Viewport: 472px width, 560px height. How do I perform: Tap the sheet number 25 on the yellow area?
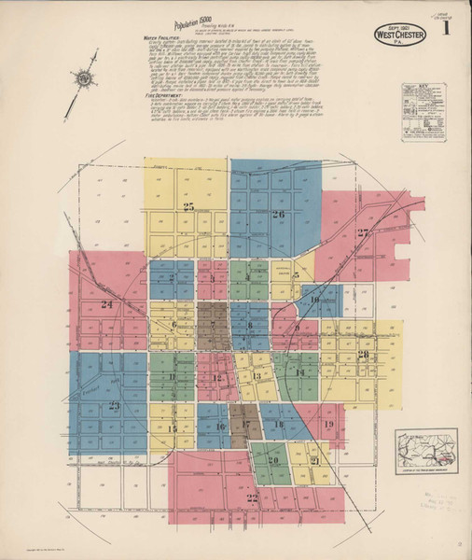188,206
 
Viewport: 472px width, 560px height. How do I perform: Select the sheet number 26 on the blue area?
277,215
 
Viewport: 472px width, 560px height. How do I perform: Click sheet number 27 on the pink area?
363,232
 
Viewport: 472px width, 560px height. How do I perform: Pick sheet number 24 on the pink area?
106,304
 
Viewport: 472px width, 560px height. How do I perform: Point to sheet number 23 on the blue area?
114,405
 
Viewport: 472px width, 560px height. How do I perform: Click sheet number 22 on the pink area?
251,499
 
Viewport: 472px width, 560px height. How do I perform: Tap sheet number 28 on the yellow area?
363,354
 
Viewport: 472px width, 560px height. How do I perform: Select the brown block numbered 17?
246,425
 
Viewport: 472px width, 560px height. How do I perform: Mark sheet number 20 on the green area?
273,460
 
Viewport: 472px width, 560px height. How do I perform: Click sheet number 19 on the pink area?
327,425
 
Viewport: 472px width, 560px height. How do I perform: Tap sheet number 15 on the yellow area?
173,429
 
